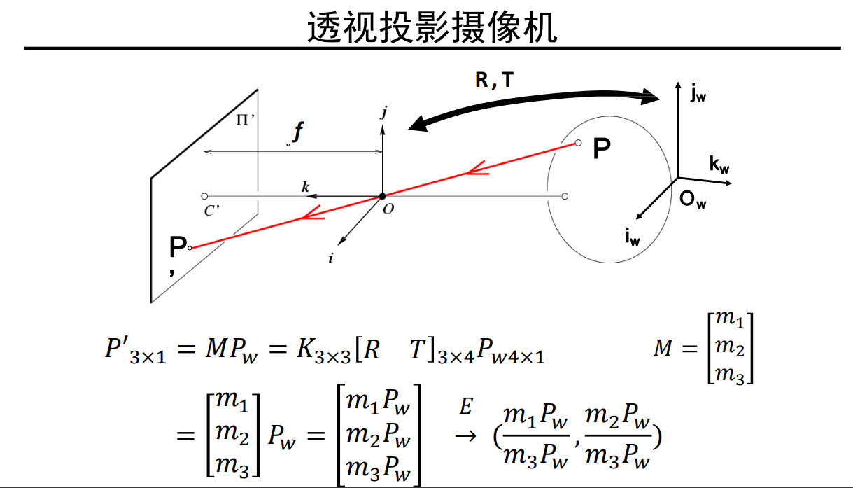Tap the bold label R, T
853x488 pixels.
point(493,81)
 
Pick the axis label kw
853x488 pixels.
point(719,165)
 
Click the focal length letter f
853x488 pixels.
point(299,132)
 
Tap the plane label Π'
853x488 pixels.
point(244,120)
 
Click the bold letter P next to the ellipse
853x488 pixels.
point(601,148)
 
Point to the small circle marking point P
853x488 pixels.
point(578,143)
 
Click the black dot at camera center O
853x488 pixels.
point(382,196)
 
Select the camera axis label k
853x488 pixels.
point(305,186)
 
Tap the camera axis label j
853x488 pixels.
point(383,112)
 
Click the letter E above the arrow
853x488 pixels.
point(466,406)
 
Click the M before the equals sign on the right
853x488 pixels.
point(663,348)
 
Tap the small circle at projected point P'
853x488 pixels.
point(190,247)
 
